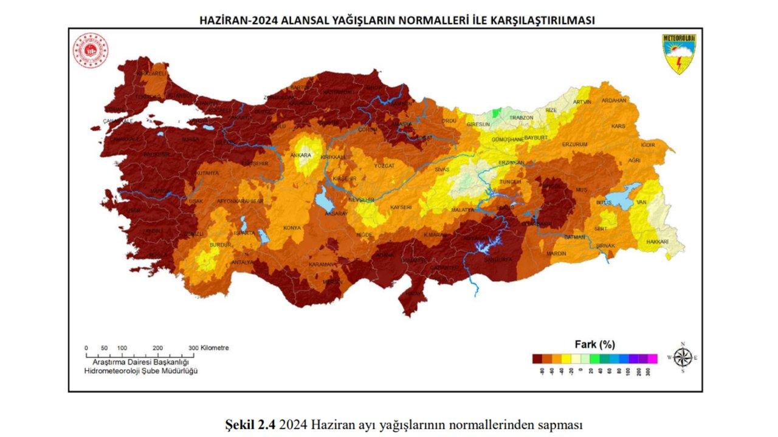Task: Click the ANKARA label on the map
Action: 300,155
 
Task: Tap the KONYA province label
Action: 292,229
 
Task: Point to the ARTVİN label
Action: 582,102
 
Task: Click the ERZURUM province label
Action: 575,144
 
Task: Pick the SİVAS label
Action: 442,170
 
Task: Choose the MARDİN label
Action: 556,253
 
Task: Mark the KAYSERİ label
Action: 401,208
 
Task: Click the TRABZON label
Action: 521,117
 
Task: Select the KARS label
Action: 618,126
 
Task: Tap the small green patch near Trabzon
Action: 497,113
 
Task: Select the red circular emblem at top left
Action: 91,51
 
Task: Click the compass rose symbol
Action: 683,357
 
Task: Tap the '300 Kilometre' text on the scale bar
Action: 208,348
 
